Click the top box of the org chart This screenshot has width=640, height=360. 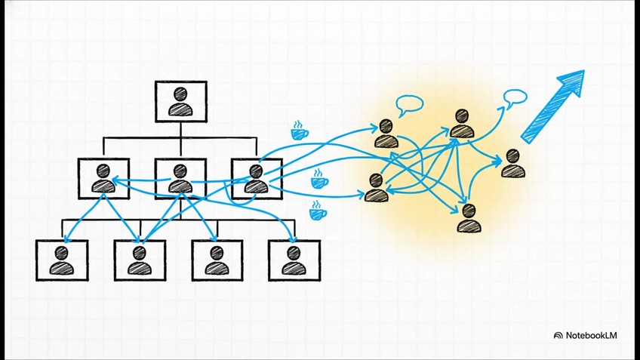(180, 101)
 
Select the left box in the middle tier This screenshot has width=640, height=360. (103, 179)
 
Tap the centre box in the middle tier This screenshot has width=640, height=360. (180, 179)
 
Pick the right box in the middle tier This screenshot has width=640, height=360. (257, 179)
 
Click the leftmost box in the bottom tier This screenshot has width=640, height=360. (62, 260)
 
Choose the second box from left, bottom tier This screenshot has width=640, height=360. (139, 260)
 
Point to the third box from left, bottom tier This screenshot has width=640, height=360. (217, 260)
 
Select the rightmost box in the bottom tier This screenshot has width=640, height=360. (294, 260)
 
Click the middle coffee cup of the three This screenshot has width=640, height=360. (319, 179)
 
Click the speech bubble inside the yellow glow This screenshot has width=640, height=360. (410, 105)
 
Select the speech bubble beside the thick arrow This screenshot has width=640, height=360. (515, 97)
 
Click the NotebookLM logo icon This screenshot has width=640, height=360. (558, 335)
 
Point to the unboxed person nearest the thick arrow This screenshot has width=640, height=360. (513, 163)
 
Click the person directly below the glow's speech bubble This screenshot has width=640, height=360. (386, 133)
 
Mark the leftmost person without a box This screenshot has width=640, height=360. (376, 188)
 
